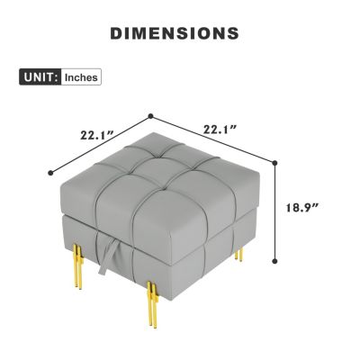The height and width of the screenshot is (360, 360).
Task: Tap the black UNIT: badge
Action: point(40,77)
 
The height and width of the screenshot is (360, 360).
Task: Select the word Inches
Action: point(81,77)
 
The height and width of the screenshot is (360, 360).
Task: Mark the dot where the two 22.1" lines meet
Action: point(151,116)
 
